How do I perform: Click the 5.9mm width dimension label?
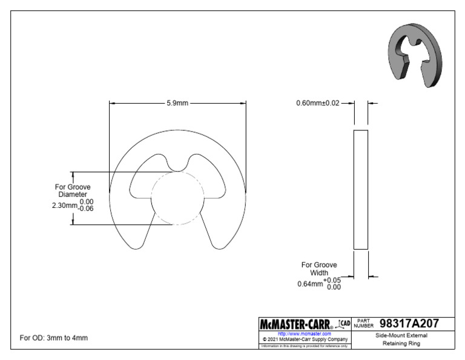pyautogui.click(x=177, y=103)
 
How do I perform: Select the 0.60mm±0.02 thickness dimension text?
pyautogui.click(x=318, y=103)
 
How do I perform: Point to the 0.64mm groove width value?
pyautogui.click(x=310, y=284)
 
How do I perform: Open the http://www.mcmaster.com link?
pyautogui.click(x=303, y=334)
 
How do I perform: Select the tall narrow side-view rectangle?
pyautogui.click(x=360, y=189)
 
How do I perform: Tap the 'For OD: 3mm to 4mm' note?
pyautogui.click(x=53, y=338)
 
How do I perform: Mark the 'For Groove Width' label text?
pyautogui.click(x=319, y=269)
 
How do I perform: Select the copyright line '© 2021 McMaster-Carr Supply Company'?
pyautogui.click(x=303, y=339)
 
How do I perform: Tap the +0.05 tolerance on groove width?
pyautogui.click(x=332, y=280)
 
